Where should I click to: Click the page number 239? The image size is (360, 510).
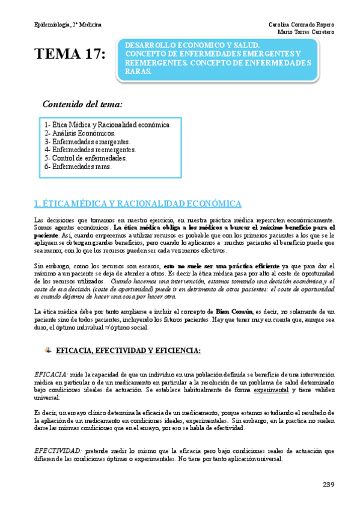328,485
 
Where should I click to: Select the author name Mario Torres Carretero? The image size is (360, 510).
306,32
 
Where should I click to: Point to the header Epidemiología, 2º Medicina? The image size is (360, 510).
68,25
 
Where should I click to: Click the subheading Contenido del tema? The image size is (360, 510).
82,104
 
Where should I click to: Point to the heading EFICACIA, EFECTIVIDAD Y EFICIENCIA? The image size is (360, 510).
120,350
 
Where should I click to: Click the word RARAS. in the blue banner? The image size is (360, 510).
139,70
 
